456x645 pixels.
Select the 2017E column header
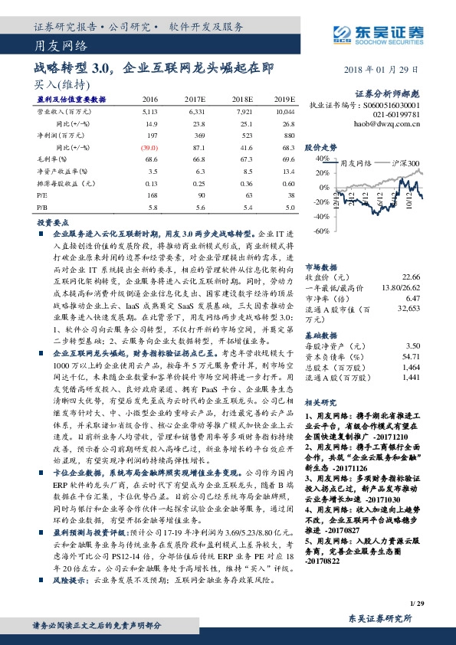pos(194,100)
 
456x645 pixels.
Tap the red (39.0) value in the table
pos(149,146)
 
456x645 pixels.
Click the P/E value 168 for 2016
pos(151,195)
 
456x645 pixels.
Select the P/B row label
pos(41,208)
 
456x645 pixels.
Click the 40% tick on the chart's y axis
pos(320,159)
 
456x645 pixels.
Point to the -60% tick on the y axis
pos(320,231)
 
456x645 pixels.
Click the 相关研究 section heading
pos(320,401)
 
